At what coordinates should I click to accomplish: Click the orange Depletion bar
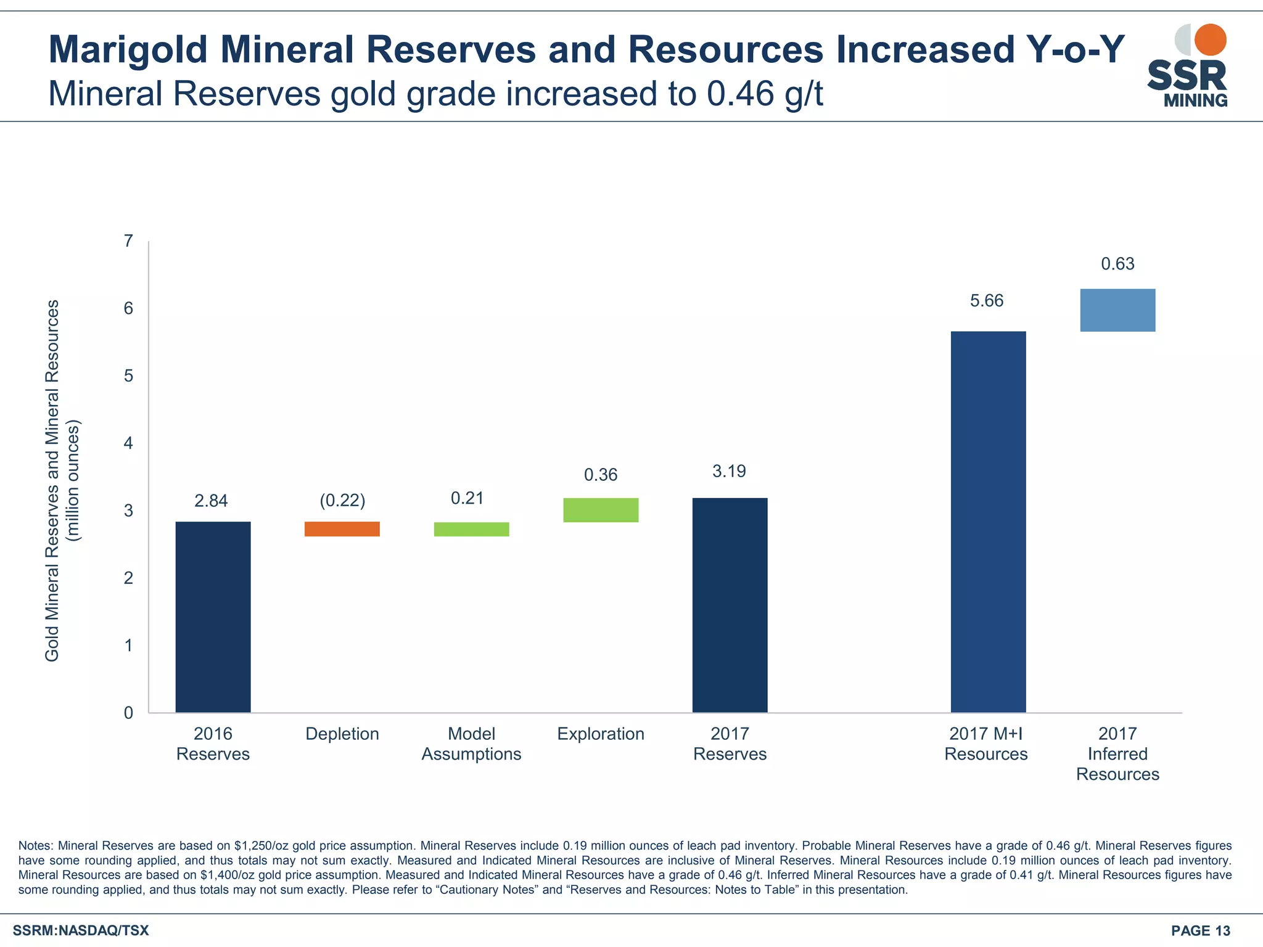(x=342, y=529)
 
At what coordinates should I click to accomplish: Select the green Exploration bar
(x=601, y=510)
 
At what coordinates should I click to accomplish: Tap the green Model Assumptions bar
(x=472, y=529)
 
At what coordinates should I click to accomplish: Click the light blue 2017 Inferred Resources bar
(x=1117, y=310)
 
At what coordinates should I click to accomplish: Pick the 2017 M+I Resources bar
(x=988, y=522)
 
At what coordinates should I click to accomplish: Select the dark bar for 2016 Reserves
(x=213, y=617)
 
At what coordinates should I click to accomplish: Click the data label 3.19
(x=729, y=472)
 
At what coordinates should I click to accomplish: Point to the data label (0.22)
(x=342, y=500)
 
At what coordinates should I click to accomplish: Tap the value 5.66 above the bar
(x=987, y=301)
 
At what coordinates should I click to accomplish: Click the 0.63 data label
(x=1117, y=264)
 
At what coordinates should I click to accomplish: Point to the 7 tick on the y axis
(x=128, y=241)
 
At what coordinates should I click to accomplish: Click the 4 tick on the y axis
(x=128, y=443)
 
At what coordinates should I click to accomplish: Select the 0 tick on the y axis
(x=128, y=713)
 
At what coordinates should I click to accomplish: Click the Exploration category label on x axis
(x=601, y=734)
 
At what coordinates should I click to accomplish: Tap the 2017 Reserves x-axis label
(x=730, y=744)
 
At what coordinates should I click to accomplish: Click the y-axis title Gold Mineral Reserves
(x=52, y=481)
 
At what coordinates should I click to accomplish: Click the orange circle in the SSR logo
(x=1210, y=39)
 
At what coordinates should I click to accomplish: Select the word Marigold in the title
(x=128, y=49)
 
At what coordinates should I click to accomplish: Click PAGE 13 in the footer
(x=1200, y=931)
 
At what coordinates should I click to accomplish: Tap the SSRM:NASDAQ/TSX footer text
(x=81, y=930)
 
